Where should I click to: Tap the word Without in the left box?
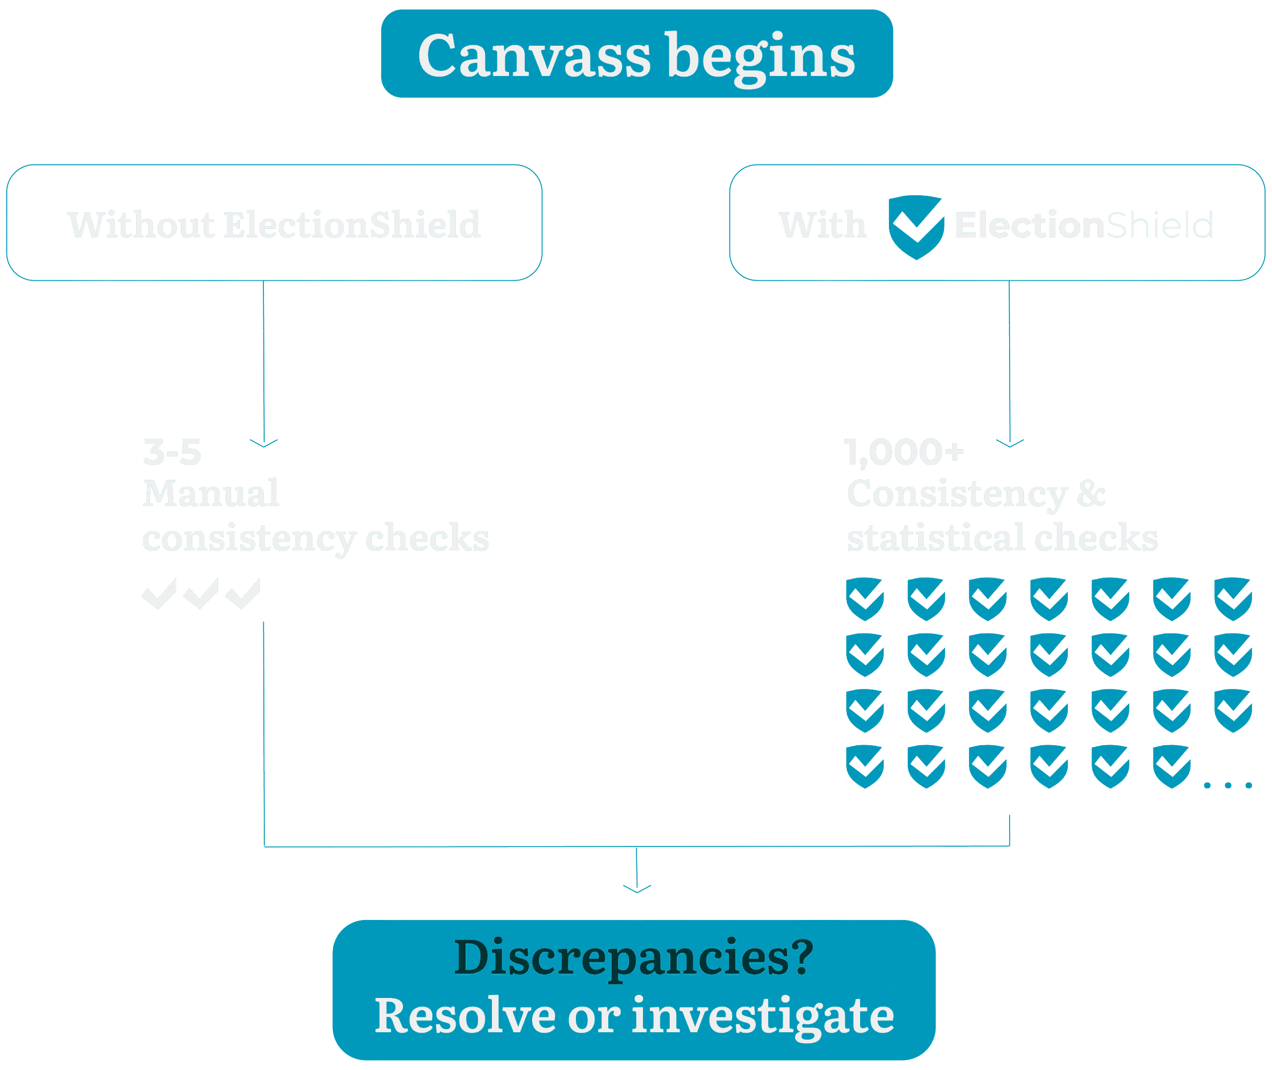point(141,225)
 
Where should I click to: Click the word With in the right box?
point(822,225)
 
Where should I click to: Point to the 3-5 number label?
point(171,453)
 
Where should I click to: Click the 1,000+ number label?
point(904,453)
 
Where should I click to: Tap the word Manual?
point(211,493)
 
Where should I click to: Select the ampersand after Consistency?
point(1091,493)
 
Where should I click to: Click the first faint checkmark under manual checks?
point(159,593)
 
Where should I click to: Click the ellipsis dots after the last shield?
point(1228,785)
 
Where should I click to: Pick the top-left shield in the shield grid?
point(865,599)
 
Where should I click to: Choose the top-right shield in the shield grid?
point(1233,599)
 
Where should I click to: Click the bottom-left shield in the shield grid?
point(865,766)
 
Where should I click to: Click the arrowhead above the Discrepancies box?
point(637,889)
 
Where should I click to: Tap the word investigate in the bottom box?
point(763,1017)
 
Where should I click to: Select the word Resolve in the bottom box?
point(465,1016)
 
